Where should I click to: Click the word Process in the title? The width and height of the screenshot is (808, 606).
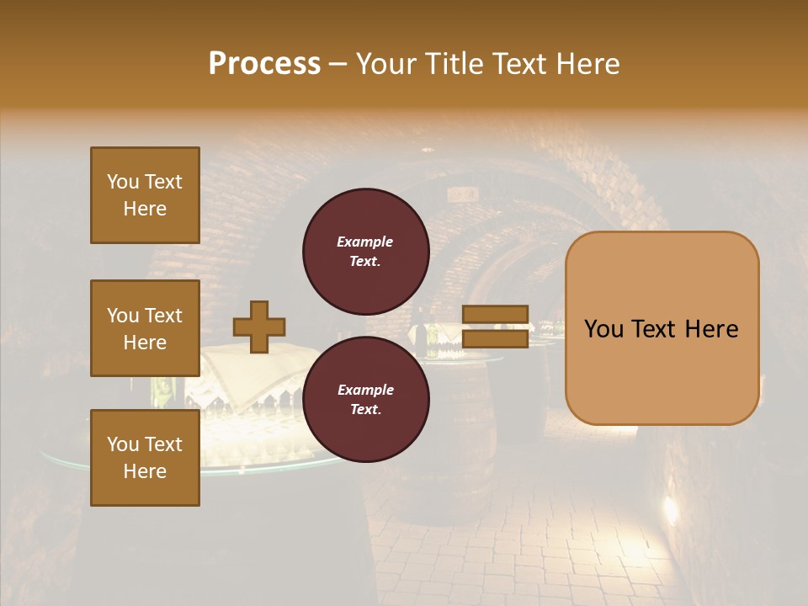[x=264, y=64]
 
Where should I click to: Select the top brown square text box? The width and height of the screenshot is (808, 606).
[x=145, y=195]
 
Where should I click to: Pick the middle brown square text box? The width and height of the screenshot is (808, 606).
[x=145, y=328]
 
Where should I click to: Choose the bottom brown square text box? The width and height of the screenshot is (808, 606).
[x=145, y=457]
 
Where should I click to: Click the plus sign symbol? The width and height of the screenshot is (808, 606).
[x=259, y=327]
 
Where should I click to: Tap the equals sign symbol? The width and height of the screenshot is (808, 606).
[x=496, y=327]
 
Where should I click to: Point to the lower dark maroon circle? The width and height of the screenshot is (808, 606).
[x=365, y=399]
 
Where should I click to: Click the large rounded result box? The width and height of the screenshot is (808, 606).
[x=662, y=328]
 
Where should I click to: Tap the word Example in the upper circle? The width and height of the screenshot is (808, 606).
[x=365, y=242]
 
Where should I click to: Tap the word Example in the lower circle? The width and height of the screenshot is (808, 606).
[x=365, y=390]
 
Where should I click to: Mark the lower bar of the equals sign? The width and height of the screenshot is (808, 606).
[x=496, y=338]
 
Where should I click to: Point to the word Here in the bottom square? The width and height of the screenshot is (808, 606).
[x=145, y=471]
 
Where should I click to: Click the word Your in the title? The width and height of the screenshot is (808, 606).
[x=388, y=64]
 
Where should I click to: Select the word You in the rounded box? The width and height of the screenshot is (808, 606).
[x=603, y=329]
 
